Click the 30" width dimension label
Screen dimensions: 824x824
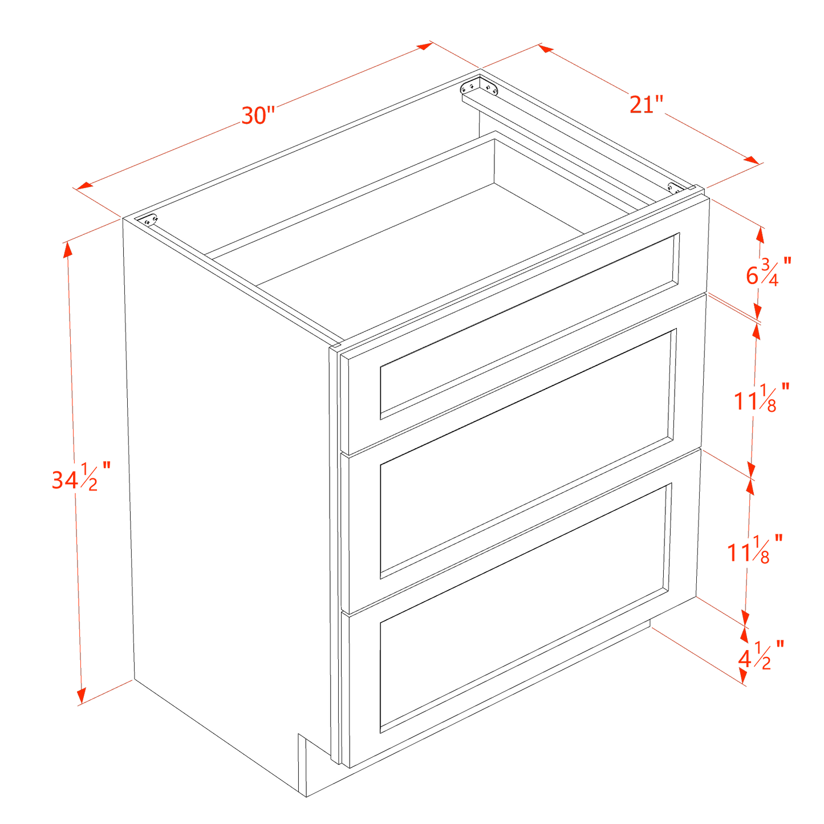pyautogui.click(x=258, y=116)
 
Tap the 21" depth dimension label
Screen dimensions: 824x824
pyautogui.click(x=646, y=105)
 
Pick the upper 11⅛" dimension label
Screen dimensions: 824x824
pyautogui.click(x=761, y=397)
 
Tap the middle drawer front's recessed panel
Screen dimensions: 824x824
pyautogui.click(x=527, y=453)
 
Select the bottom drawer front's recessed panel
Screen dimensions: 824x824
pyautogui.click(x=525, y=607)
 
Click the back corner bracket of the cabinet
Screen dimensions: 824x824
pyautogui.click(x=479, y=87)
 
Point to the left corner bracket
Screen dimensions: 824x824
pyautogui.click(x=151, y=220)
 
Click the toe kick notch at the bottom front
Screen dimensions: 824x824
pyautogui.click(x=302, y=764)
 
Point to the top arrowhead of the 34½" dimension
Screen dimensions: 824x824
pyautogui.click(x=68, y=247)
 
